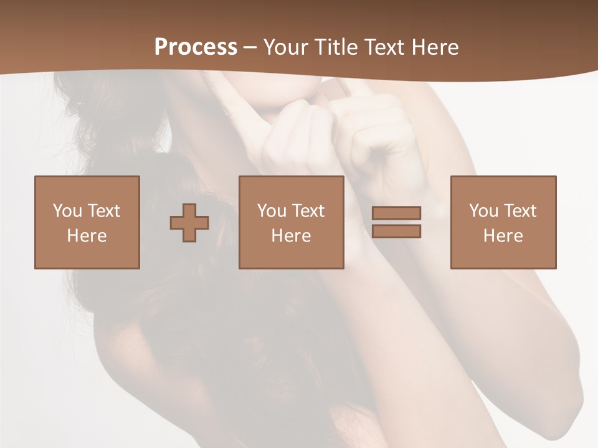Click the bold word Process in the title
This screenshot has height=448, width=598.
[196, 47]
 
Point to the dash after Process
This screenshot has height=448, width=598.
[250, 48]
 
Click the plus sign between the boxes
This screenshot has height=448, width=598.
[189, 223]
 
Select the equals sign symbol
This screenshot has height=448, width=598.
[396, 222]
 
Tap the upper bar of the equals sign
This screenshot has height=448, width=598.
[396, 213]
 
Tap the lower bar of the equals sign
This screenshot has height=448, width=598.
[396, 231]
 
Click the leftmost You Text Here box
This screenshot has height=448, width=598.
[87, 222]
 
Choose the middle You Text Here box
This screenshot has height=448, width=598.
[292, 222]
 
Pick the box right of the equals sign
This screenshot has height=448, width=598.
[503, 222]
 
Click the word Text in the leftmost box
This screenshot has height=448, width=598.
[104, 211]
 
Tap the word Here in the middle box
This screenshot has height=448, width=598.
[292, 236]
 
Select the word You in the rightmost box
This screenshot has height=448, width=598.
[483, 211]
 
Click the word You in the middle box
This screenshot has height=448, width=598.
[272, 211]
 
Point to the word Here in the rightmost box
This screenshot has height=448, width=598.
[503, 236]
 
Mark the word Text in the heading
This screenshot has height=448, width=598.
[382, 47]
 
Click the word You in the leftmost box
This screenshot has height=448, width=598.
[67, 211]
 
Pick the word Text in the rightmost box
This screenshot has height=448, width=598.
[520, 211]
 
